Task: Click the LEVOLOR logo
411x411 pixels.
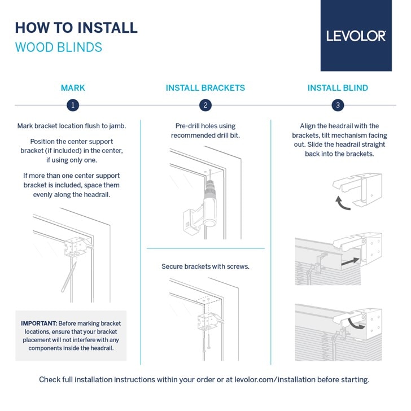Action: coord(356,36)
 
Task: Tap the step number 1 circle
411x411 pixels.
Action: coord(73,105)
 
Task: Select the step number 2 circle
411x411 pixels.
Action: coord(205,105)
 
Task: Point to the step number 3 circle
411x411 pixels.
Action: coord(338,105)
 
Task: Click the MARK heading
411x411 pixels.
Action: coord(73,88)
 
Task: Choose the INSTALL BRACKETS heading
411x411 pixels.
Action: coord(205,88)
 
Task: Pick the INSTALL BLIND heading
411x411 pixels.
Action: coord(338,88)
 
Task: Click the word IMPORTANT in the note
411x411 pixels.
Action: coord(39,323)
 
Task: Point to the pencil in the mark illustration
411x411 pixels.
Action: coord(69,277)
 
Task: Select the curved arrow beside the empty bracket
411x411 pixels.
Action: coord(341,203)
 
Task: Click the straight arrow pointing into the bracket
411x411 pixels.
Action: coord(350,261)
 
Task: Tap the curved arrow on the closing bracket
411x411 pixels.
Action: coord(356,323)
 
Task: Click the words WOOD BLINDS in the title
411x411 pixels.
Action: coord(59,47)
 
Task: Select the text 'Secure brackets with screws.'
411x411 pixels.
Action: coord(205,266)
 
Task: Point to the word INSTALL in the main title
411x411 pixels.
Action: coord(107,28)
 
